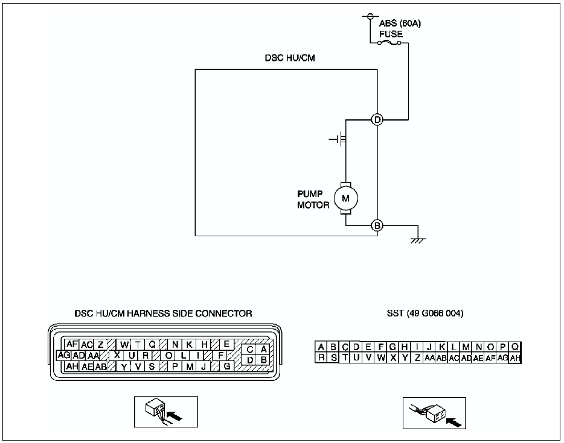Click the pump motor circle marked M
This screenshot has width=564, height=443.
pyautogui.click(x=345, y=198)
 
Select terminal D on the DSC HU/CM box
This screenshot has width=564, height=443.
pyautogui.click(x=377, y=119)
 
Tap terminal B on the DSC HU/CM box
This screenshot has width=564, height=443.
pyautogui.click(x=377, y=226)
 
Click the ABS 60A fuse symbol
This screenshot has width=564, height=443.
pyautogui.click(x=389, y=43)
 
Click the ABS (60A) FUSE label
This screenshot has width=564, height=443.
pyautogui.click(x=400, y=29)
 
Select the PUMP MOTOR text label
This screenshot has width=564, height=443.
pyautogui.click(x=313, y=200)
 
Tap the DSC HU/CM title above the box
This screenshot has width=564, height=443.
pyautogui.click(x=290, y=58)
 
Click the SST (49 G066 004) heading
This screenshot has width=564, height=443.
pyautogui.click(x=425, y=313)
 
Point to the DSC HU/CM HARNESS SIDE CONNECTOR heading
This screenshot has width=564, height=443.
pyautogui.click(x=163, y=313)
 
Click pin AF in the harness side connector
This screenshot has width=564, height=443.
pyautogui.click(x=72, y=344)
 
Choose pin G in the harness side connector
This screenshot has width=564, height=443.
pyautogui.click(x=227, y=366)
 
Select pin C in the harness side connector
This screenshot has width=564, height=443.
pyautogui.click(x=250, y=350)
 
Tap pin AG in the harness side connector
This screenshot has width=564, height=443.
pyautogui.click(x=64, y=356)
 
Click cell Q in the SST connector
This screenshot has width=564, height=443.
pyautogui.click(x=514, y=347)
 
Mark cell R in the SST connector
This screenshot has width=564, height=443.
pyautogui.click(x=321, y=357)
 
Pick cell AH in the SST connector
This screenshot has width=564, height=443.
pyautogui.click(x=514, y=357)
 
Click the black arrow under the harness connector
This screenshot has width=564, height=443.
pyautogui.click(x=175, y=416)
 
